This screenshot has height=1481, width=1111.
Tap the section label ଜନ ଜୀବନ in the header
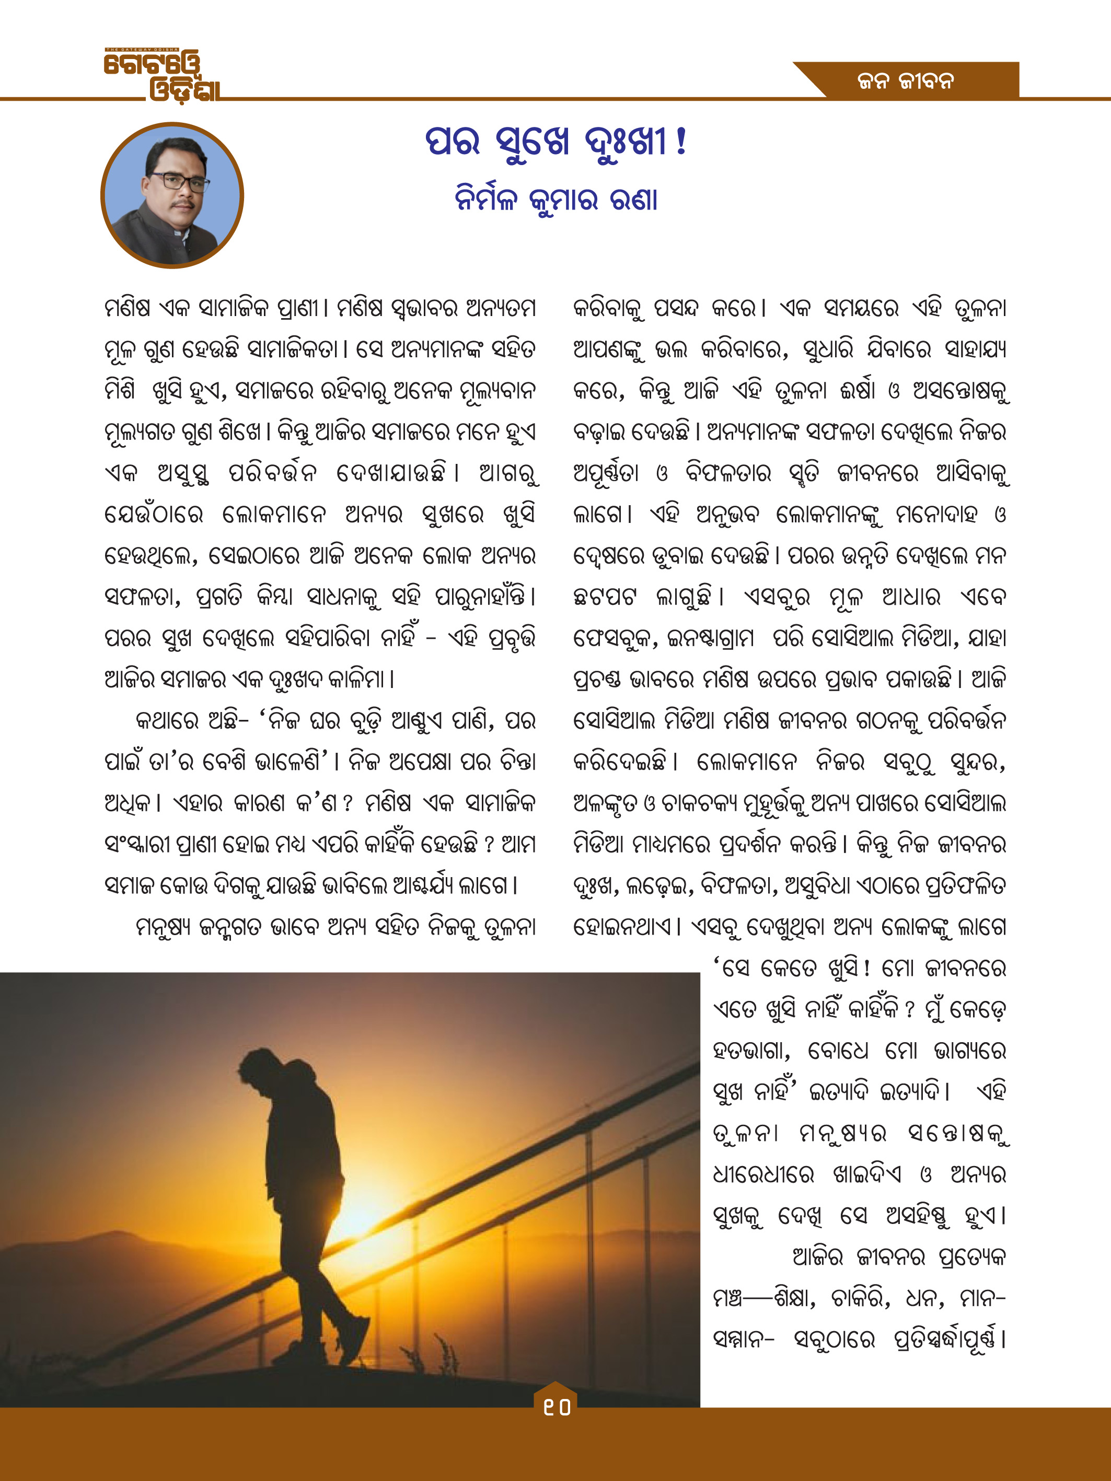[906, 81]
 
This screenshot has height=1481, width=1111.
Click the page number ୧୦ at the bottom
[556, 1407]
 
